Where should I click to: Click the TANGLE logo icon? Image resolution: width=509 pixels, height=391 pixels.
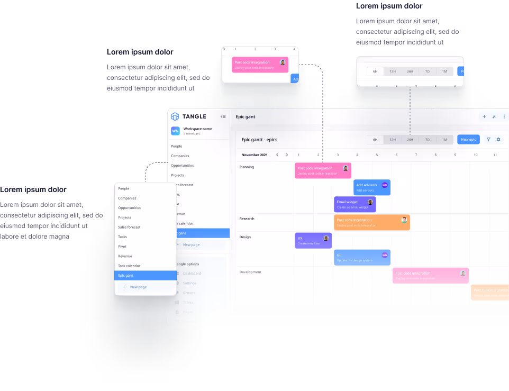point(175,116)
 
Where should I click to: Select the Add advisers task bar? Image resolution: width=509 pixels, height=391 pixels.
point(371,187)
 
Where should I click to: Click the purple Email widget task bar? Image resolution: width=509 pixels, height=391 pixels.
point(355,204)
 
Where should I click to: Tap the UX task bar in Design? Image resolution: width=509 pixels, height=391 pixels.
point(313,241)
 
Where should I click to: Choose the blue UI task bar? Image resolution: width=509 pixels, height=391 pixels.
point(362,257)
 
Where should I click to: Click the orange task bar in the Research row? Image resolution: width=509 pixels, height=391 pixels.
point(371,222)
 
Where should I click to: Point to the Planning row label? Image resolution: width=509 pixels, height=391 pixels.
point(247,167)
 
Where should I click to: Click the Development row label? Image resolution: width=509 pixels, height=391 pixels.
point(250,272)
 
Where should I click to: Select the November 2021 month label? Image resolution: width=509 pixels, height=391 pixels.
point(254,155)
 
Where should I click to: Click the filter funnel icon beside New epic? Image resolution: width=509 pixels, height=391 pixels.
point(488,140)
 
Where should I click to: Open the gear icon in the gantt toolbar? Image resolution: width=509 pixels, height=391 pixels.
point(498,140)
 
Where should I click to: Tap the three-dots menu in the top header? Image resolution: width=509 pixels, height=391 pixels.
point(504,116)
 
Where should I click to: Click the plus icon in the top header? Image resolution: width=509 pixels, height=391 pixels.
point(484,116)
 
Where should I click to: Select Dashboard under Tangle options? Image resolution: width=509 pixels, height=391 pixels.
point(192,274)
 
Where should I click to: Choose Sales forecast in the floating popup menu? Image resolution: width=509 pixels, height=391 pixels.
point(129,227)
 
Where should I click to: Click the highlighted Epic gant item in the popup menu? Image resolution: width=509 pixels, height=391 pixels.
point(145,275)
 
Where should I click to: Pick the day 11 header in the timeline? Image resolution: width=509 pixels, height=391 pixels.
point(495,155)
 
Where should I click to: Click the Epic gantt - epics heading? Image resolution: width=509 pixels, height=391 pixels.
point(259,140)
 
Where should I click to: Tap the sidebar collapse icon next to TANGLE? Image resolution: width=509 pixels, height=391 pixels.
point(223,116)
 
